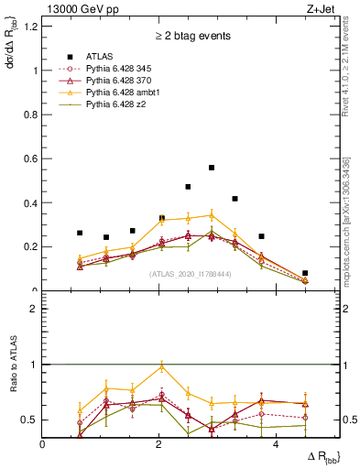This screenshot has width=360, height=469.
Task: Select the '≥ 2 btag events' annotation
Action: point(191,37)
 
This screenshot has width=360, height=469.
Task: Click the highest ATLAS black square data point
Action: point(212,168)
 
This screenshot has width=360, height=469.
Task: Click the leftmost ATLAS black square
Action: point(80,233)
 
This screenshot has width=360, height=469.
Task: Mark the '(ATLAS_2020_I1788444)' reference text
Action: point(191,274)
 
